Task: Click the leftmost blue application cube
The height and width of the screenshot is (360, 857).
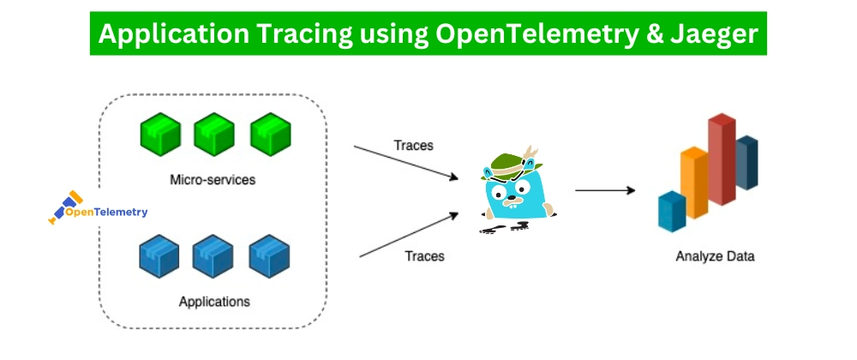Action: [x=160, y=255]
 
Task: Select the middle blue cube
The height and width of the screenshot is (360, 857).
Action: [x=214, y=255]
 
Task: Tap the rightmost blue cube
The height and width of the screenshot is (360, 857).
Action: [x=269, y=255]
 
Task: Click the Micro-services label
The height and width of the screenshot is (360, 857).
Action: [x=213, y=181]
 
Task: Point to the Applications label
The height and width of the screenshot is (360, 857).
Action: [x=214, y=302]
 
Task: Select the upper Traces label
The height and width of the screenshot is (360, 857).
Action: [x=413, y=145]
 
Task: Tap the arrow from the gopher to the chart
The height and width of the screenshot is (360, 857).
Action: [x=604, y=190]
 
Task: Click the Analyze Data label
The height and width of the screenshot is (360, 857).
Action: [x=715, y=256]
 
